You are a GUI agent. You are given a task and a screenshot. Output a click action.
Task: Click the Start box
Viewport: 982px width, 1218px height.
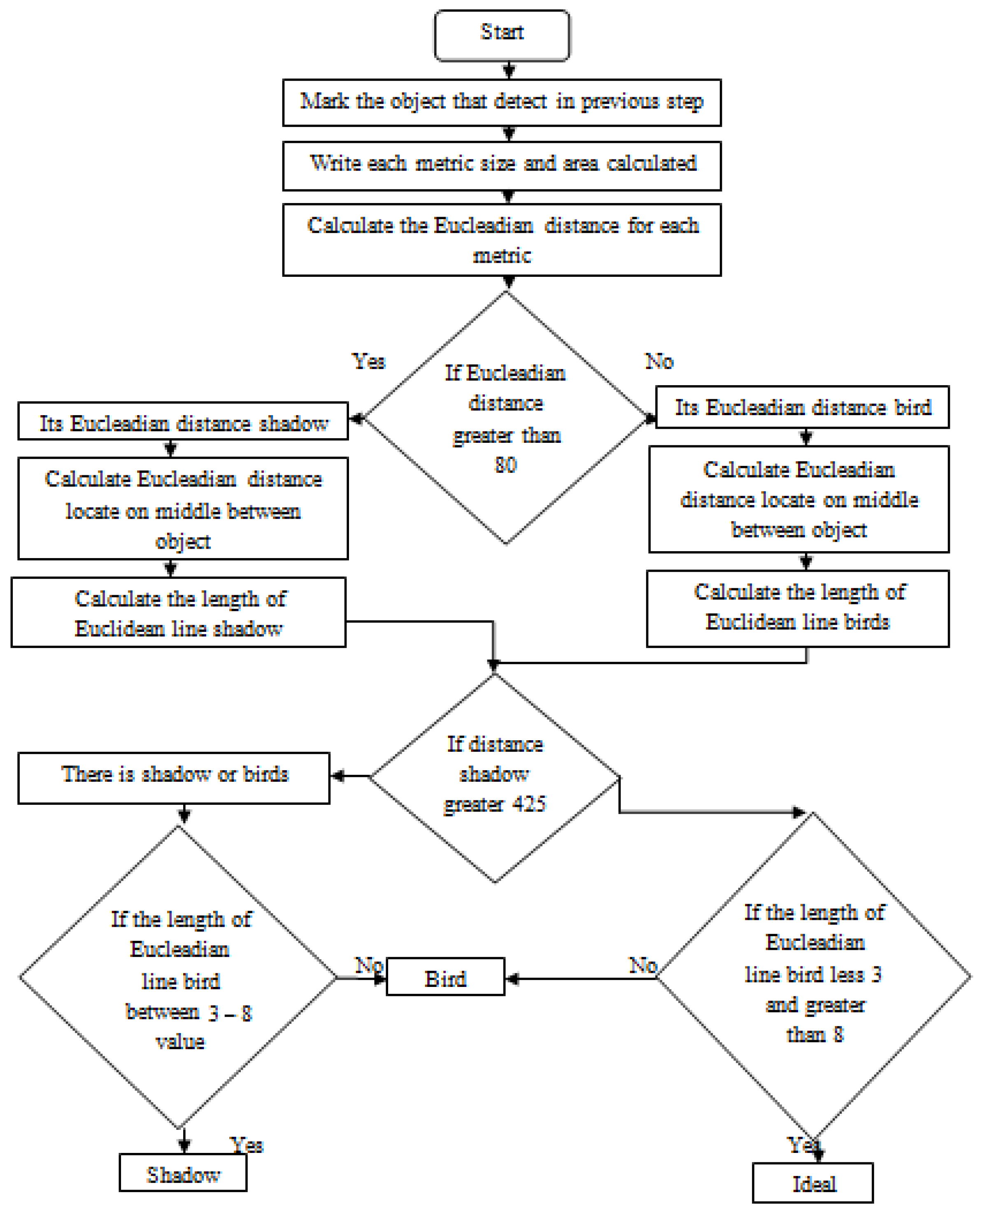pyautogui.click(x=502, y=35)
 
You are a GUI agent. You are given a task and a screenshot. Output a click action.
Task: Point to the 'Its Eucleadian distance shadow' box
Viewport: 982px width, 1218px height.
pyautogui.click(x=183, y=421)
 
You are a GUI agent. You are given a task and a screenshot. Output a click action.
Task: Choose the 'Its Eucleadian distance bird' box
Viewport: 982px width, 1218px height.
pyautogui.click(x=802, y=407)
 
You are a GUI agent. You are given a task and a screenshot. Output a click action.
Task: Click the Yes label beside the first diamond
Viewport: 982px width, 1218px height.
pyautogui.click(x=368, y=361)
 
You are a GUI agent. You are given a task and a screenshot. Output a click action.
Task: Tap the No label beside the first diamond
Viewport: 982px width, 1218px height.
pyautogui.click(x=659, y=361)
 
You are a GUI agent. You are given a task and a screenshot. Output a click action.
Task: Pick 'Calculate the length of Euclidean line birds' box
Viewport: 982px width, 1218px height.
pyautogui.click(x=798, y=608)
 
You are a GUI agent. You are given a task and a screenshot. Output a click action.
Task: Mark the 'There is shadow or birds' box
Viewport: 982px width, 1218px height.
pyautogui.click(x=174, y=778)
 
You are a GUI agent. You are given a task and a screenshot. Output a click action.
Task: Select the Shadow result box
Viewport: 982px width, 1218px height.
pyautogui.click(x=183, y=1173)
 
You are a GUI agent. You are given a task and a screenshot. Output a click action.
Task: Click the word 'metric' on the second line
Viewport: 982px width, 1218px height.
pyautogui.click(x=502, y=256)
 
